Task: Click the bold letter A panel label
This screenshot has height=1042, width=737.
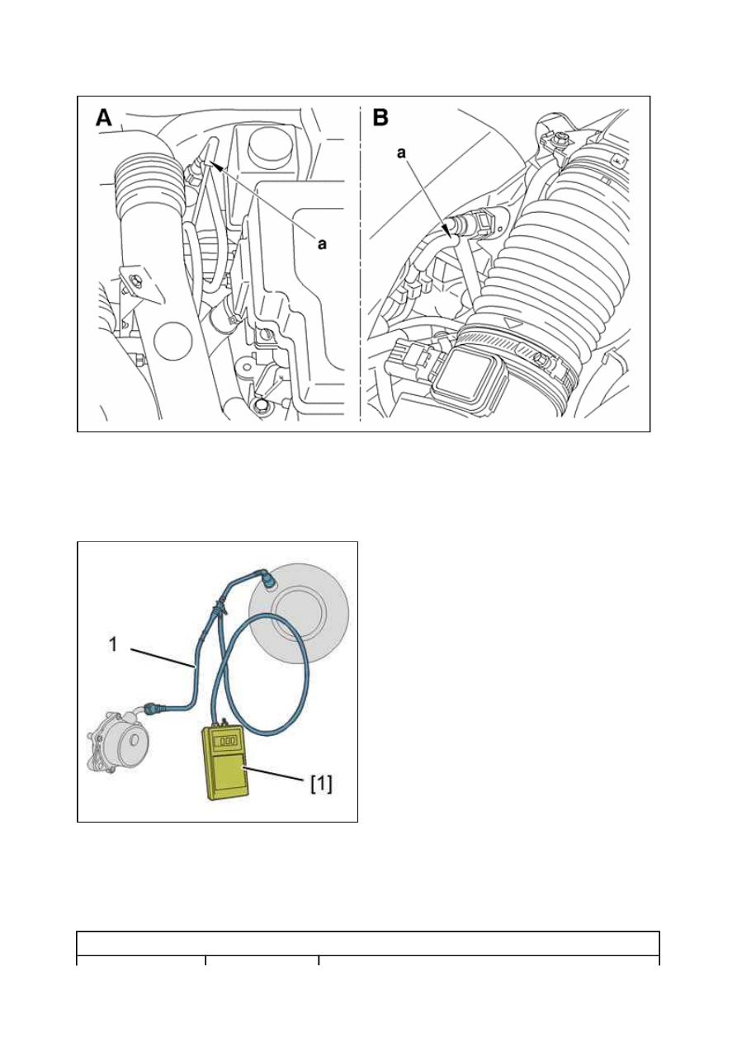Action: (104, 118)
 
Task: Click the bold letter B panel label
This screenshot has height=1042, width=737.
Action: (380, 118)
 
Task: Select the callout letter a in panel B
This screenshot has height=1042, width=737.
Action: (401, 153)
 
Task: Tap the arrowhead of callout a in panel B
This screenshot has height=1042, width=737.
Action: (450, 231)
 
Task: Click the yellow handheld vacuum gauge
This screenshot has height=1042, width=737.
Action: (225, 763)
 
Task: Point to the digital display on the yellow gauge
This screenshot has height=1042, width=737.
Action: (228, 741)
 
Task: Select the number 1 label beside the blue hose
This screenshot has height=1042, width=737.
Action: (113, 644)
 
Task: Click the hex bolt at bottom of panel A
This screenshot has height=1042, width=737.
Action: (262, 404)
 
